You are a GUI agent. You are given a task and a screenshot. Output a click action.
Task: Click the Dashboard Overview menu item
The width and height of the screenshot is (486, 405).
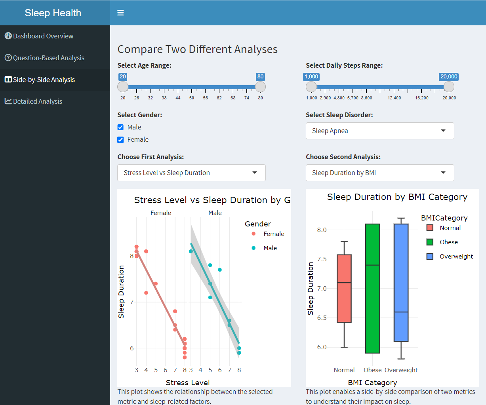point(43,36)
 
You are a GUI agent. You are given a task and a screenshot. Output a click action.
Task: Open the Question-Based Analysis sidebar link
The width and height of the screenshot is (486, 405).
point(48,58)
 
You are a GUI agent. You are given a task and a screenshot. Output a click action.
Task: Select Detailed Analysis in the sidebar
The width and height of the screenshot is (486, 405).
point(37,101)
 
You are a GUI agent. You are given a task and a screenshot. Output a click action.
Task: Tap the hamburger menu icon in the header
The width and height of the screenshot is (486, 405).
point(120,13)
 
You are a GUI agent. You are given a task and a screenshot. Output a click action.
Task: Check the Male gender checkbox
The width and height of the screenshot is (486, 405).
point(120,127)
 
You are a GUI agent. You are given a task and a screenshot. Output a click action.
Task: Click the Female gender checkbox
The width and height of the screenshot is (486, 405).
point(120,140)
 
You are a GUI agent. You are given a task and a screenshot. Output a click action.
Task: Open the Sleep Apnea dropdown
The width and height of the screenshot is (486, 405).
point(379,131)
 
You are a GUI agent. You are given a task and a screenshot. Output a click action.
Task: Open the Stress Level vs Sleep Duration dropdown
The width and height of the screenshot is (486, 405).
point(191,173)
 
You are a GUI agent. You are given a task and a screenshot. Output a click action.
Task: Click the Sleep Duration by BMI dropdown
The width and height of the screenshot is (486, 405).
point(379,173)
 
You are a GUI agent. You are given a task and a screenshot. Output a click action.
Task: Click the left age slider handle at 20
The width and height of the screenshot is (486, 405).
point(123,87)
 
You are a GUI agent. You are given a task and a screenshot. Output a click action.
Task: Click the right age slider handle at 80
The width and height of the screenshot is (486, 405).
point(260,87)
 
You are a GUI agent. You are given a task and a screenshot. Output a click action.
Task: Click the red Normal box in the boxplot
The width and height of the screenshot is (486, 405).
point(344,289)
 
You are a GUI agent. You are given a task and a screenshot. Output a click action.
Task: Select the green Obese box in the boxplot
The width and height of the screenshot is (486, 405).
point(372,289)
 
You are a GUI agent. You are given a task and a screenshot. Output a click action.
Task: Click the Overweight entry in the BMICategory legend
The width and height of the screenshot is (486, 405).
point(456,257)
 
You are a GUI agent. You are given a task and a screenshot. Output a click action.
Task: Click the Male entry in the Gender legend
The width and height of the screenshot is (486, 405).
point(270,248)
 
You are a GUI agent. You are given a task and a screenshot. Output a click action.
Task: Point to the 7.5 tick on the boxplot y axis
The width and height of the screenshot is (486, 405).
point(322,259)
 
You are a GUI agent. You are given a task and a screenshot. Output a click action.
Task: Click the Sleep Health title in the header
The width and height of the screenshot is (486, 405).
point(53,13)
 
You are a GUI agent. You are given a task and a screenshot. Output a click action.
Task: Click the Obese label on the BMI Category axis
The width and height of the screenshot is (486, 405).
point(372,370)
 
